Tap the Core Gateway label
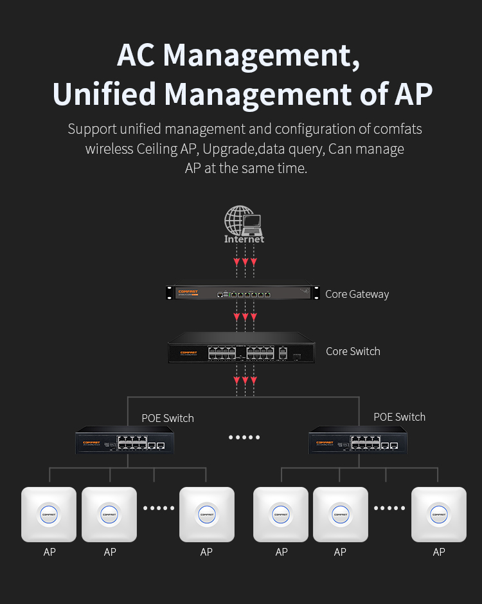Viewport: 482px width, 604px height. pos(357,294)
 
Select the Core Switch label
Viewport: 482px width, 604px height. pos(353,351)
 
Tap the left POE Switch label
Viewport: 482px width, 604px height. pos(168,418)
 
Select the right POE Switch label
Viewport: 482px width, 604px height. pos(399,417)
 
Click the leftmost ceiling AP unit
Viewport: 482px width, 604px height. pos(49,514)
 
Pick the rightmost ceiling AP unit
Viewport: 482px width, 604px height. pos(439,514)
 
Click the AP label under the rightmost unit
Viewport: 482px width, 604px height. pos(439,552)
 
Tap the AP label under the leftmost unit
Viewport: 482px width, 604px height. pos(49,552)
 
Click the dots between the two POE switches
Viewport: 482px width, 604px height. pos(244,437)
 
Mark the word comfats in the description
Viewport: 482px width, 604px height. pos(398,129)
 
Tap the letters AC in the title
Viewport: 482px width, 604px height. pos(136,55)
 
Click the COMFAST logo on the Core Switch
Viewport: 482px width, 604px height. pos(188,352)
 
